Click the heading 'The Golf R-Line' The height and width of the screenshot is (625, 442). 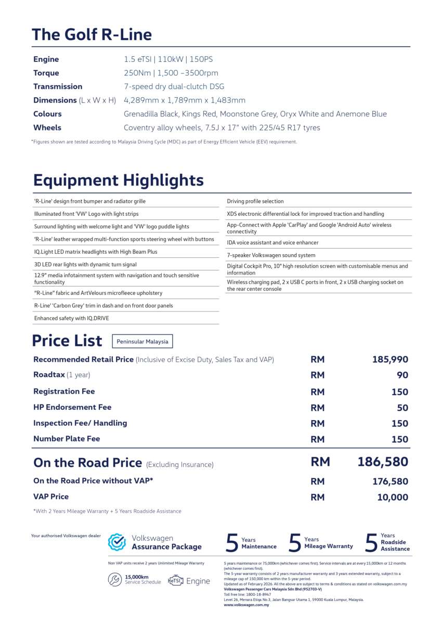pos(92,35)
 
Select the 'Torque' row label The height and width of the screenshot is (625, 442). pos(46,73)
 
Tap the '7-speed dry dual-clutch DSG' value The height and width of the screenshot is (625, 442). pos(174,86)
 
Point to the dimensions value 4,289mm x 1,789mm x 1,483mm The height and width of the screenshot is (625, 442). pos(184,100)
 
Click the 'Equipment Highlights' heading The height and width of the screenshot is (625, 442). pos(118,180)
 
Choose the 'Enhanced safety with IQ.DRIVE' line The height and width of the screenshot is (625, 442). pos(72,318)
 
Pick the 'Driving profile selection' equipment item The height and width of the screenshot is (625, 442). pos(255,201)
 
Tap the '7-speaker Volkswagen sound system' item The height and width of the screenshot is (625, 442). pos(271,255)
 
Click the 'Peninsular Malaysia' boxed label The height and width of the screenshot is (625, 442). pos(142,342)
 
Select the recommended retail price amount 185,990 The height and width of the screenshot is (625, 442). pos(390,360)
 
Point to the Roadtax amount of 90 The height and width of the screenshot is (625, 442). pos(402,375)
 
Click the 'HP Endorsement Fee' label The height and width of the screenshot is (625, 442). pos(72,407)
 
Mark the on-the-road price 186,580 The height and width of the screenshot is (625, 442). pos(383,462)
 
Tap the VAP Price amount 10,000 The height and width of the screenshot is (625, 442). pos(393,498)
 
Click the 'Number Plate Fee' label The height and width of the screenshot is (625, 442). pos(67,439)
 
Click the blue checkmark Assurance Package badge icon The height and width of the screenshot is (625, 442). pos(117,542)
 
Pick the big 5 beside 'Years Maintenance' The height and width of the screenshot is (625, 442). pos(232,543)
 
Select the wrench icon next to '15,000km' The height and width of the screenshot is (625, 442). pos(115,580)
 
